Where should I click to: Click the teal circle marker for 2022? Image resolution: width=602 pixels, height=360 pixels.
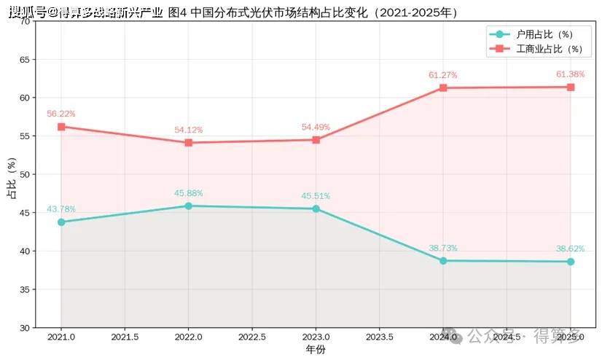click(x=189, y=206)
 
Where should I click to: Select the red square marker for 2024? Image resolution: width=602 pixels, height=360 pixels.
click(x=443, y=88)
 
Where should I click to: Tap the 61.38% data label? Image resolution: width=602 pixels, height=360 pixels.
click(x=570, y=74)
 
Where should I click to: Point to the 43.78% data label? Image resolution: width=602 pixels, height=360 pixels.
click(x=61, y=209)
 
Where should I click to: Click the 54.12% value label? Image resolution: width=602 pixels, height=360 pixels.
click(x=189, y=130)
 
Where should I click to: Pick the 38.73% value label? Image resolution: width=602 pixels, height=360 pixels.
click(x=443, y=248)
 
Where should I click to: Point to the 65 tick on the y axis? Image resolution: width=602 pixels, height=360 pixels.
click(x=25, y=60)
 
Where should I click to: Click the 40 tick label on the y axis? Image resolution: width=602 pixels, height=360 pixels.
click(x=25, y=251)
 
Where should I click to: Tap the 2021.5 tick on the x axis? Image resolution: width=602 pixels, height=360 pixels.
click(x=125, y=337)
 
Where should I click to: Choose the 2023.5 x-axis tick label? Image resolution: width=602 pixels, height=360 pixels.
click(x=379, y=337)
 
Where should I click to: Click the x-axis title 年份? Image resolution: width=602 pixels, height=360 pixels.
click(x=316, y=349)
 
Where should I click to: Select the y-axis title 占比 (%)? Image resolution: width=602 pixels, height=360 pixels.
click(x=12, y=178)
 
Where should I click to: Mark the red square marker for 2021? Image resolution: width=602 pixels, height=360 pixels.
click(x=61, y=127)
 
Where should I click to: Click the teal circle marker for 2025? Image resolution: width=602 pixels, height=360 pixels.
click(x=571, y=262)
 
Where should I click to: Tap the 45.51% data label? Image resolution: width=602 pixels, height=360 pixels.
click(x=316, y=196)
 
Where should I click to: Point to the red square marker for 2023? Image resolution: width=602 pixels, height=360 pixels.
click(x=316, y=140)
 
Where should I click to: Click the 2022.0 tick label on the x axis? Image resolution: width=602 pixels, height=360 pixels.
click(x=189, y=337)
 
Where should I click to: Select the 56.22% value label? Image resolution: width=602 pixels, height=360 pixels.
click(x=61, y=114)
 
